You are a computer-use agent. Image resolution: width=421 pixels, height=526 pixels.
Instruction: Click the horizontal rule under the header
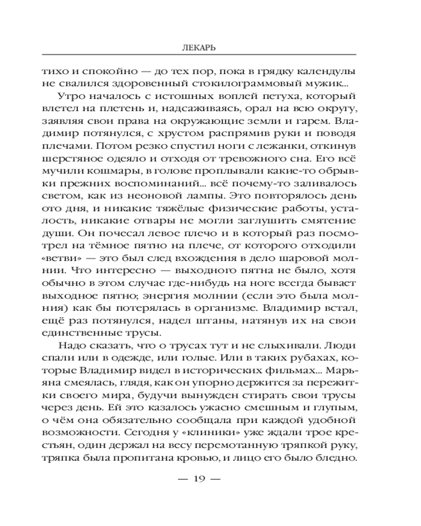pyautogui.click(x=199, y=55)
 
